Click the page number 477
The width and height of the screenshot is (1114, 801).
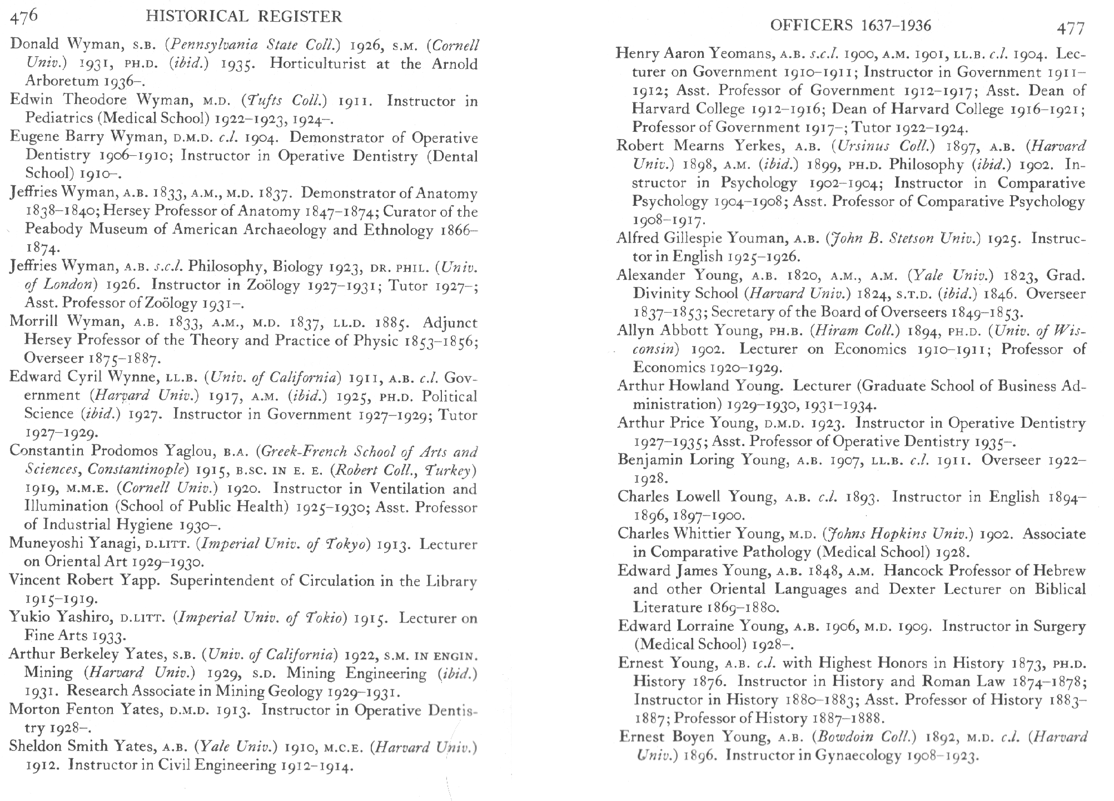(1070, 28)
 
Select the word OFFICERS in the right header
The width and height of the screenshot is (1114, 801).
(811, 25)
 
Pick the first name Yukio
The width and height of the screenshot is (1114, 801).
(28, 617)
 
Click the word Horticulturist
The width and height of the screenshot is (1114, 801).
(317, 63)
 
